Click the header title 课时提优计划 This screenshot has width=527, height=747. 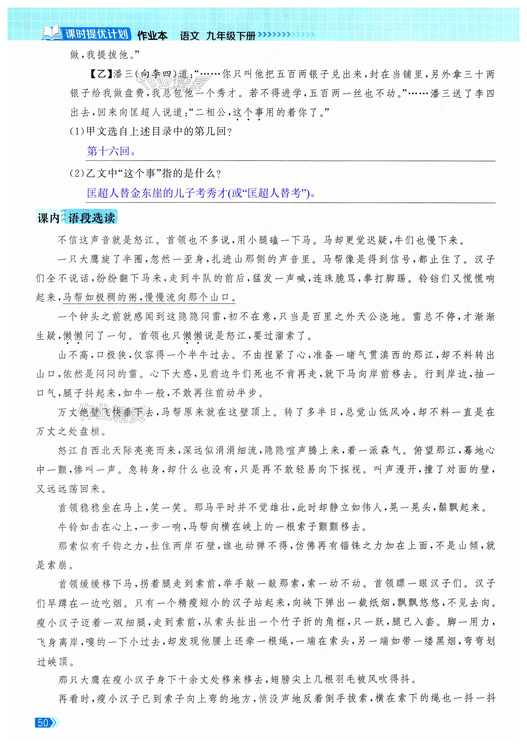(97, 34)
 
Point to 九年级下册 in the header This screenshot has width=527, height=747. (231, 36)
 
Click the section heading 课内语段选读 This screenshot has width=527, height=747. (76, 218)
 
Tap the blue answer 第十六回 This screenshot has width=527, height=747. (111, 151)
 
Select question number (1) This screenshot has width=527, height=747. (77, 131)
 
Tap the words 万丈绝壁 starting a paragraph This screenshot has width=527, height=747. (79, 412)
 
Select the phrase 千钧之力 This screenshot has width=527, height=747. (122, 546)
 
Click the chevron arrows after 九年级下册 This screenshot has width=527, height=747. (286, 35)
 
